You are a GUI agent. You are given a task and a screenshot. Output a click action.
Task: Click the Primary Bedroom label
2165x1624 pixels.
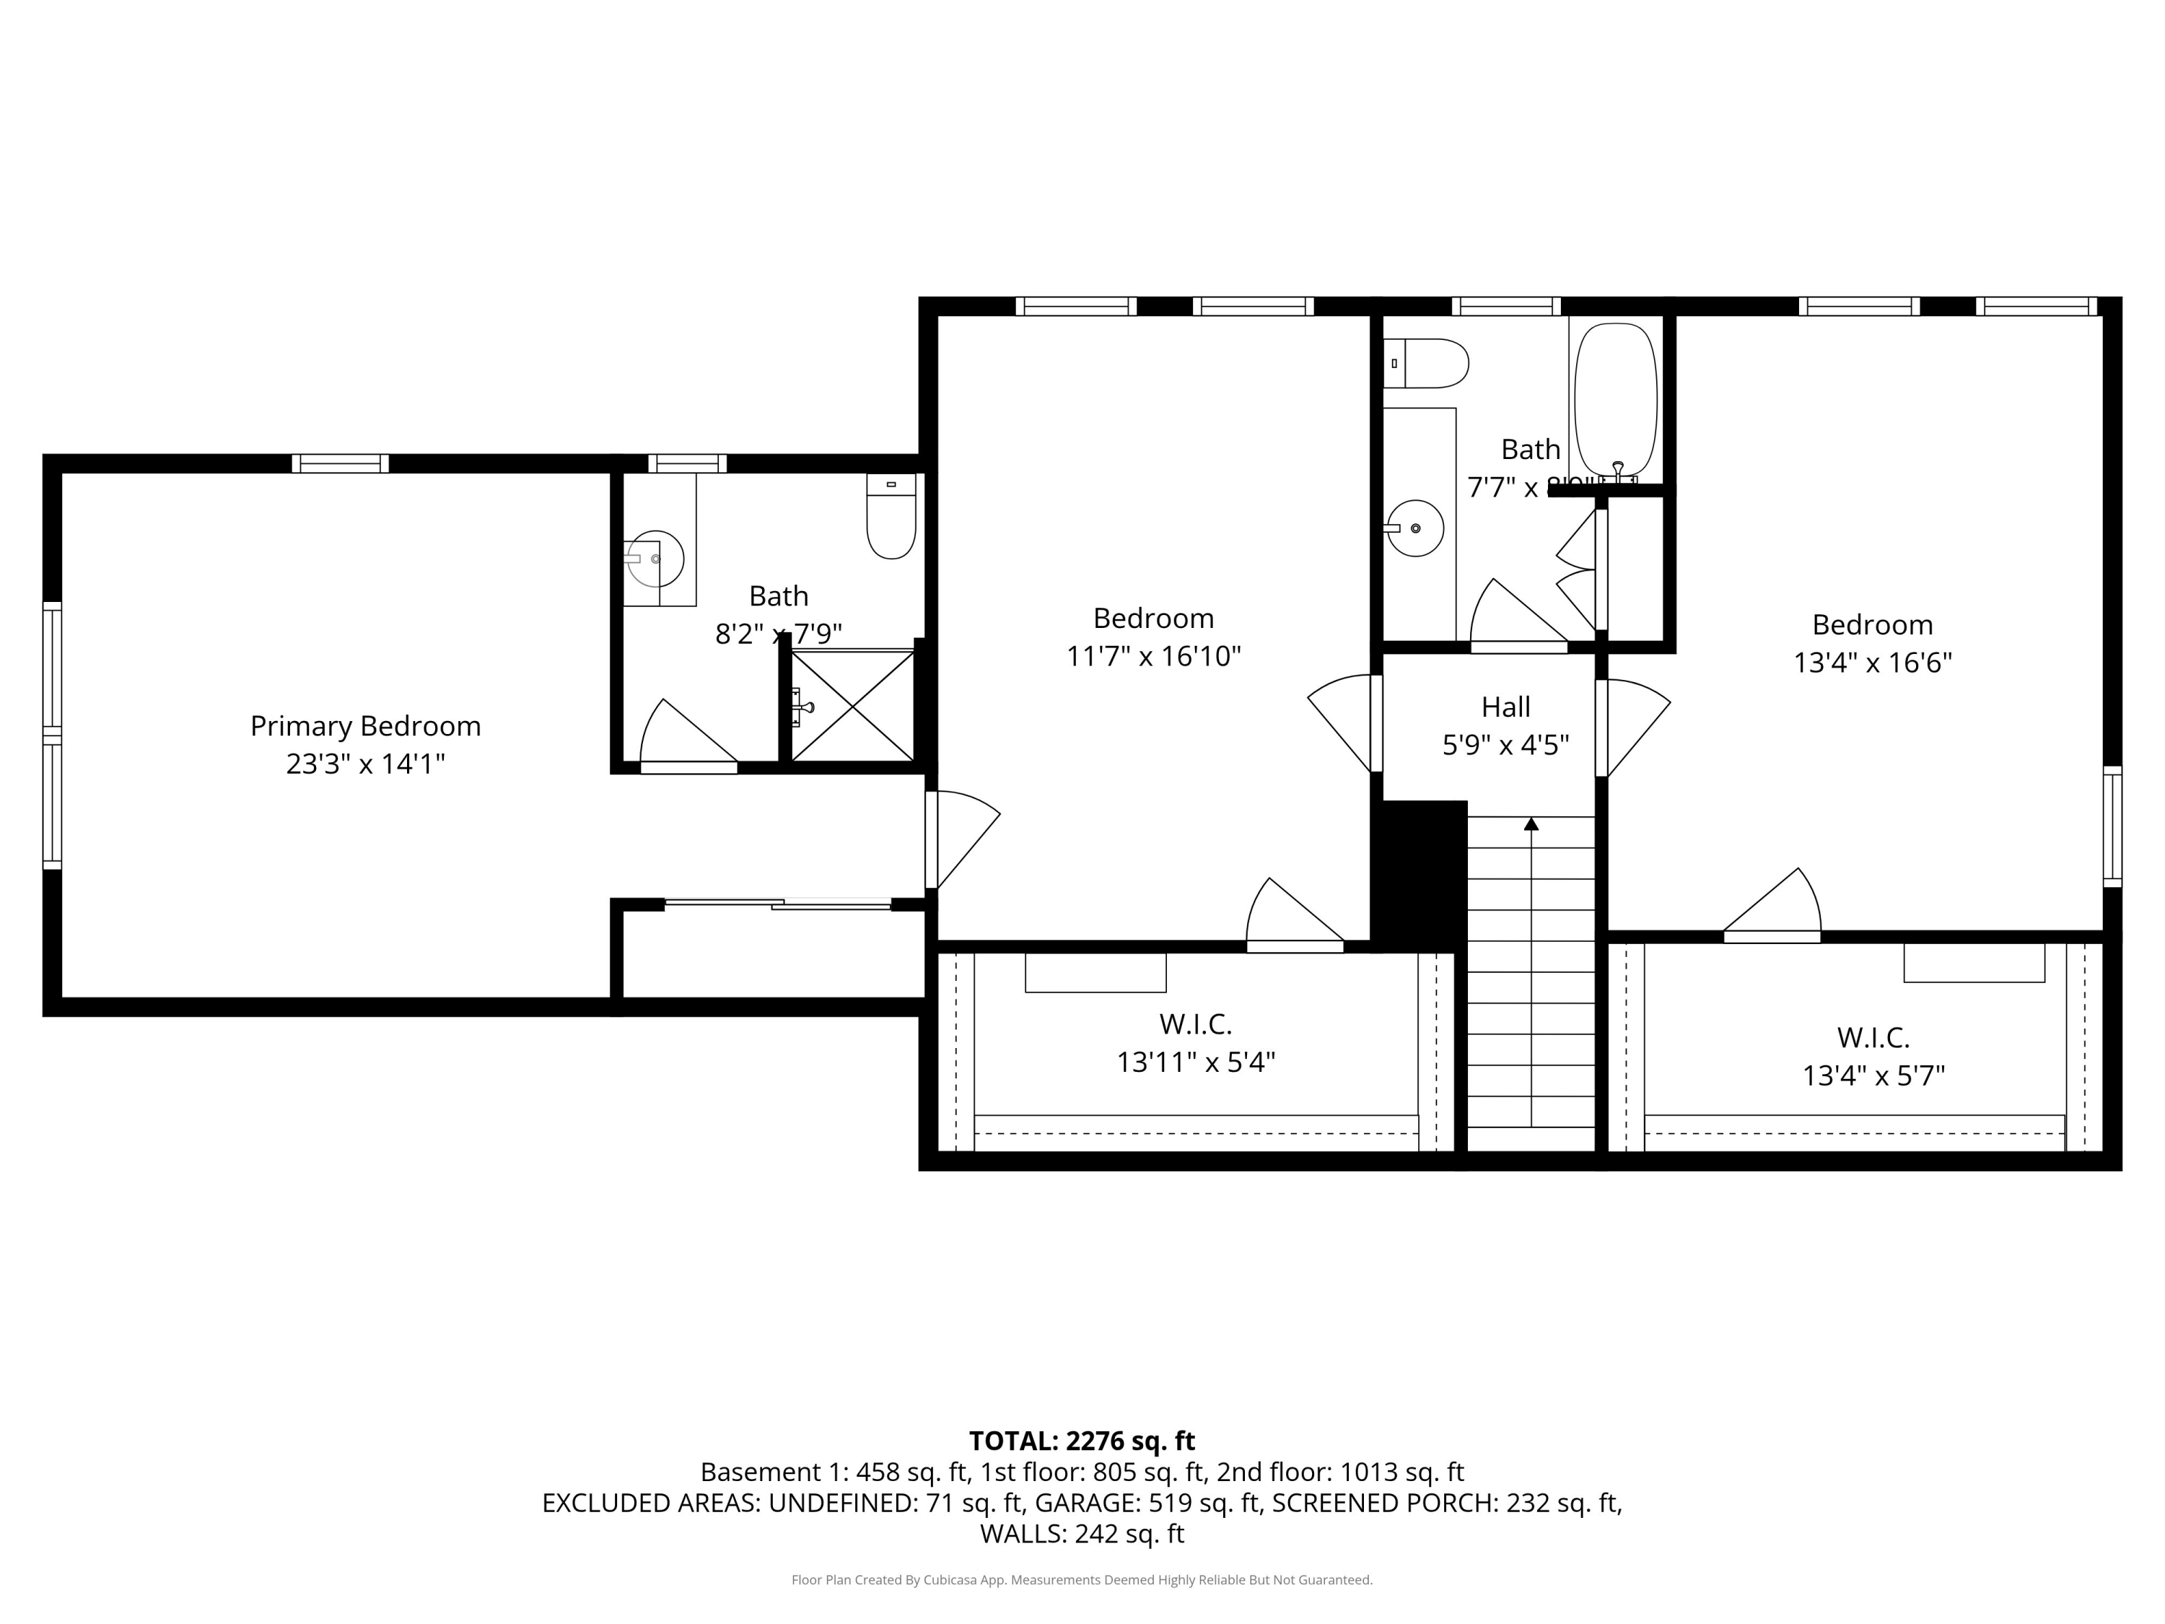point(365,726)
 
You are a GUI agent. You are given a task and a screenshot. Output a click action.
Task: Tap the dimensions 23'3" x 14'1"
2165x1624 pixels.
point(365,764)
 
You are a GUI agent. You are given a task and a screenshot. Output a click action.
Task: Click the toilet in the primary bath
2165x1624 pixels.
point(891,518)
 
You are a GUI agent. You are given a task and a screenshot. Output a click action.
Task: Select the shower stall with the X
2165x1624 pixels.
point(852,704)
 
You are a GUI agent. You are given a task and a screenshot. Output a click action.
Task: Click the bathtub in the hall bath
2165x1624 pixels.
point(1615,399)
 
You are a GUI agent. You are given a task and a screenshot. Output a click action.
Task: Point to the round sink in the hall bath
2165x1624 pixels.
point(1415,528)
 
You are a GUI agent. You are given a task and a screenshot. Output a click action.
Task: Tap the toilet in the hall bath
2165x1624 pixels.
point(1427,363)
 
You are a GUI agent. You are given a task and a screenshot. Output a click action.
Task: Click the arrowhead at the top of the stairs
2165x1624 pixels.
point(1531,824)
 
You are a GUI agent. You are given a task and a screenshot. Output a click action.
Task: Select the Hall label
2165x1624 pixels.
point(1505,707)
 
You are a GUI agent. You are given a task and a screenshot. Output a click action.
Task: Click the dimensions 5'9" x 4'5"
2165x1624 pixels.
point(1505,746)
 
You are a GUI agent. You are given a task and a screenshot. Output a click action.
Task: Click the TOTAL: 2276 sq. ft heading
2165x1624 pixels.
point(1082,1441)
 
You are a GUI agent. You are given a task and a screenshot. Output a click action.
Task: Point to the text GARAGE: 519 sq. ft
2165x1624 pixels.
point(1147,1503)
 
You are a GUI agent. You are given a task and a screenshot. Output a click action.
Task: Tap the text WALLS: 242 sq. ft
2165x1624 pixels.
point(1082,1534)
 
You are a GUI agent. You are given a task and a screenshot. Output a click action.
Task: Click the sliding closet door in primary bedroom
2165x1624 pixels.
point(778,904)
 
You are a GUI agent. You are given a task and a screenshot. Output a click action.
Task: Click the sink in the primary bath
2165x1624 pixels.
point(654,558)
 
